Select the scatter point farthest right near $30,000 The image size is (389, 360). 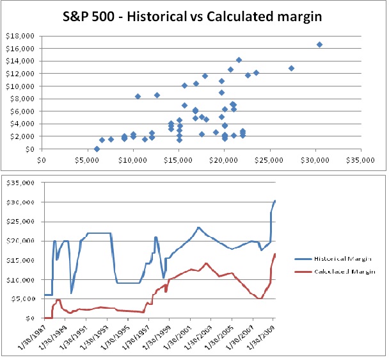(x=319, y=44)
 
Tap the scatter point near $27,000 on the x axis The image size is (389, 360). (x=291, y=68)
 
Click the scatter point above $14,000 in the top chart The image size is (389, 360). (x=239, y=60)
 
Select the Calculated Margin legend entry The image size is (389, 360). (x=344, y=272)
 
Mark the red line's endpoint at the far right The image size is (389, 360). (x=275, y=254)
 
